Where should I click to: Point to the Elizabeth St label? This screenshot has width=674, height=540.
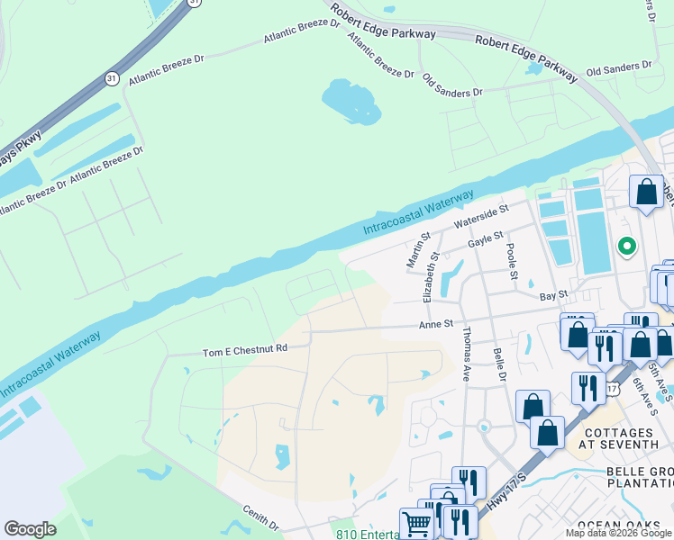430,276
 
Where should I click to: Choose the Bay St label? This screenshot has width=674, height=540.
554,294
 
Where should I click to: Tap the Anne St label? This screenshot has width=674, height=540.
435,323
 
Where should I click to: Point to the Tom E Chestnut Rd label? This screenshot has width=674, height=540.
244,349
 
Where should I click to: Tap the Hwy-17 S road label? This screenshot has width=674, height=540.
505,494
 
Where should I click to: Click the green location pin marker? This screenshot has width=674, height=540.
626,245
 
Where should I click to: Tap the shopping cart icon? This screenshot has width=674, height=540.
415,523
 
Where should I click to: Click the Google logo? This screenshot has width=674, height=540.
31,529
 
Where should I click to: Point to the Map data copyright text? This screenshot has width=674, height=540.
619,533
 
